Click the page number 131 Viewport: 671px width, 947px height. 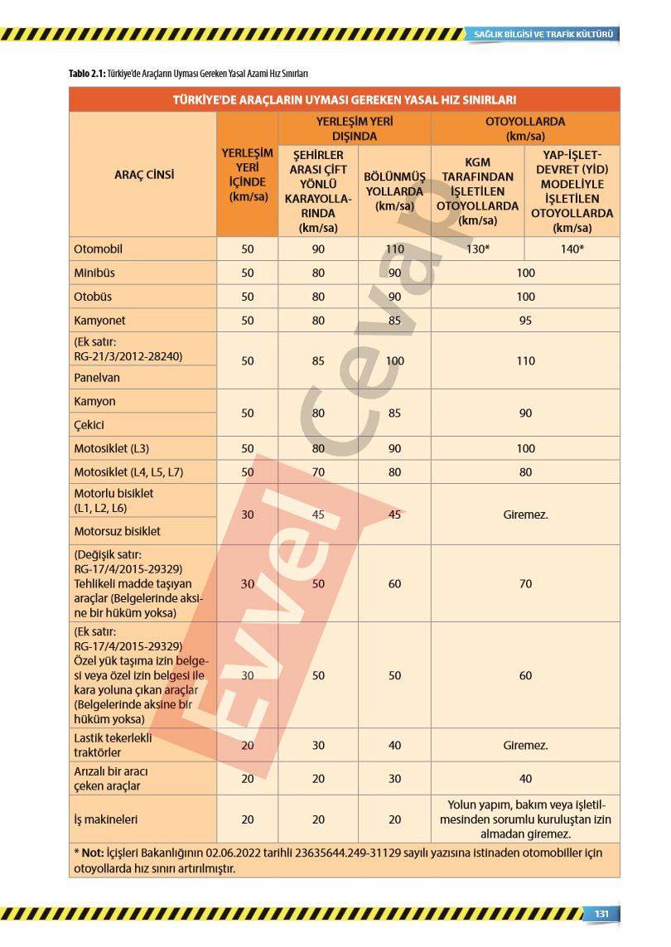point(601,913)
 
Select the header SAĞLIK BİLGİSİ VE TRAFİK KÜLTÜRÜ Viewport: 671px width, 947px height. point(543,34)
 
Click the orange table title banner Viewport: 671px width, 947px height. point(344,99)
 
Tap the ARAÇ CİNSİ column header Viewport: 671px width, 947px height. point(143,175)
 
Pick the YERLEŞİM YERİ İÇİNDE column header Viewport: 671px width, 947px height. point(247,175)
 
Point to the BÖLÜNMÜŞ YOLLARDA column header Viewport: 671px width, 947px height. point(394,191)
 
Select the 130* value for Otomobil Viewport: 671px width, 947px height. point(478,249)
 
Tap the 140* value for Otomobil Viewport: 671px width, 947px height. point(572,249)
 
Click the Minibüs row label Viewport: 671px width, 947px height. point(94,273)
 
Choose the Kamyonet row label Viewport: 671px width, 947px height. point(99,320)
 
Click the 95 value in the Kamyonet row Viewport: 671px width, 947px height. point(525,321)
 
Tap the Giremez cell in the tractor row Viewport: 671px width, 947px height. point(525,745)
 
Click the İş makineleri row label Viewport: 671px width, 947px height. point(105,819)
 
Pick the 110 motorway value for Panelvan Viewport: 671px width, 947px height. point(525,361)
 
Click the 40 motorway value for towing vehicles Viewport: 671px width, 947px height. point(525,779)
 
